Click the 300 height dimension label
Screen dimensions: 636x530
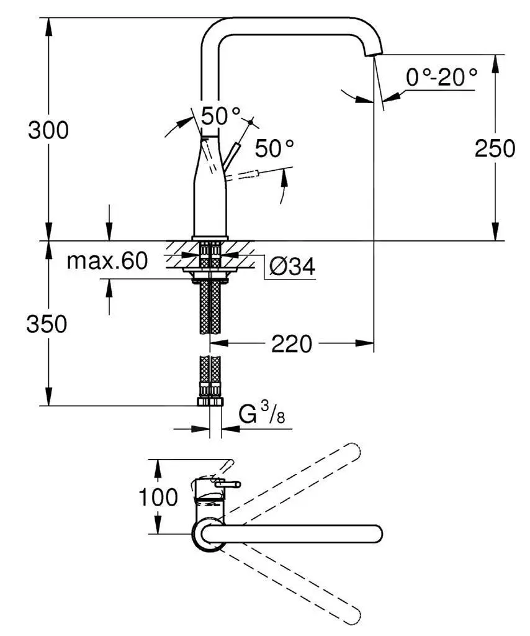pyautogui.click(x=48, y=130)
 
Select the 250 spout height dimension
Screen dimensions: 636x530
pyautogui.click(x=495, y=148)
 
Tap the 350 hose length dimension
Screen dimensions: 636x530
pyautogui.click(x=47, y=324)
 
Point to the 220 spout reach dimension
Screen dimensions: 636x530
pyautogui.click(x=291, y=343)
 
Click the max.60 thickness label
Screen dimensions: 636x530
pyautogui.click(x=107, y=261)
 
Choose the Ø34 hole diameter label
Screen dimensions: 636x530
pyautogui.click(x=292, y=267)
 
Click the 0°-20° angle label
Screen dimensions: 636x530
pyautogui.click(x=441, y=78)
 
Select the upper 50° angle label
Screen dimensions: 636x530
pyautogui.click(x=220, y=116)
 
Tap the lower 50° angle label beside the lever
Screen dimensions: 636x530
pyautogui.click(x=274, y=148)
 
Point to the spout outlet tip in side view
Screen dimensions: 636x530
pyautogui.click(x=375, y=55)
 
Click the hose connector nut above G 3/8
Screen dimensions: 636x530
pyautogui.click(x=210, y=401)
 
